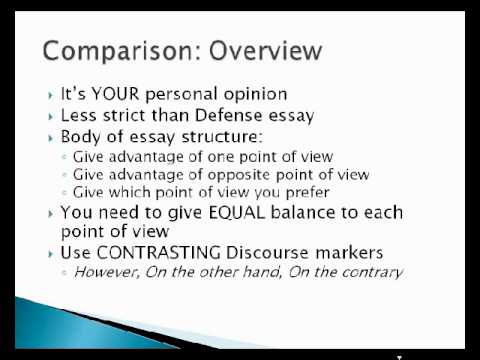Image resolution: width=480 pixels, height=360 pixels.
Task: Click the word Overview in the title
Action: click(x=260, y=49)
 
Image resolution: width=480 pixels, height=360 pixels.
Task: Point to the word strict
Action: click(x=129, y=116)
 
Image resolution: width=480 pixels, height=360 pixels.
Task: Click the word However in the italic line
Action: click(x=103, y=272)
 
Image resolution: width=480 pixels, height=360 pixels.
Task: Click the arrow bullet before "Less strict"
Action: click(x=51, y=117)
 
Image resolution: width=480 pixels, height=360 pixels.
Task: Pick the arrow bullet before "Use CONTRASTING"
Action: click(x=51, y=253)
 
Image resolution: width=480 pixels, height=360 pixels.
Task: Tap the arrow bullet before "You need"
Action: click(x=51, y=213)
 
